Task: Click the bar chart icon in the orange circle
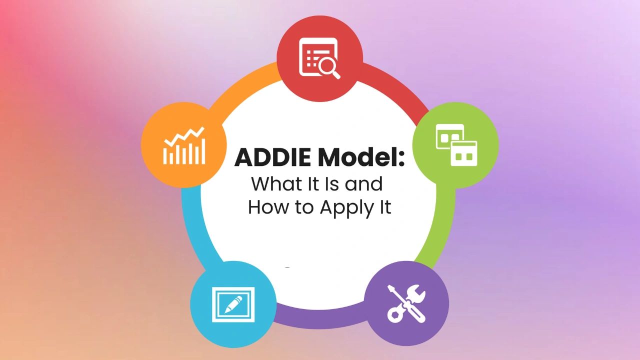tap(184, 152)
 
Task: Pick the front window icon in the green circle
tap(463, 152)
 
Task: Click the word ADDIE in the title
tap(273, 158)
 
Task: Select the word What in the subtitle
tap(273, 184)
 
